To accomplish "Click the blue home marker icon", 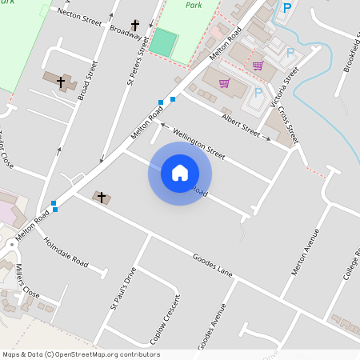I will click(x=180, y=173).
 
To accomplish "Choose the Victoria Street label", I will click(x=282, y=88).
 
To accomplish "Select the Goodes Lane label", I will click(x=212, y=266).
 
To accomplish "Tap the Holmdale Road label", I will click(x=66, y=251).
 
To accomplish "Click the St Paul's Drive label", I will click(x=122, y=289).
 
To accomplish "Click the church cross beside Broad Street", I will click(x=61, y=82).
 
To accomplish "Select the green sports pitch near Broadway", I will click(x=163, y=42).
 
